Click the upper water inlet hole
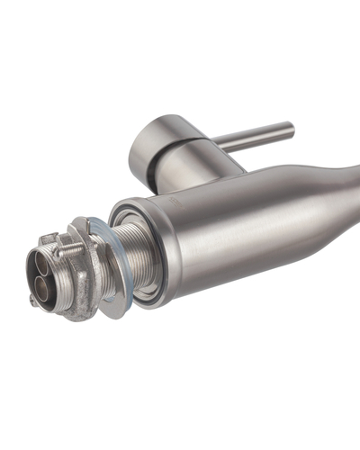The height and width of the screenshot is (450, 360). click(43, 261)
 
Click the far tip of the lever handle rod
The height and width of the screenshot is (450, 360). click(291, 130)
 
